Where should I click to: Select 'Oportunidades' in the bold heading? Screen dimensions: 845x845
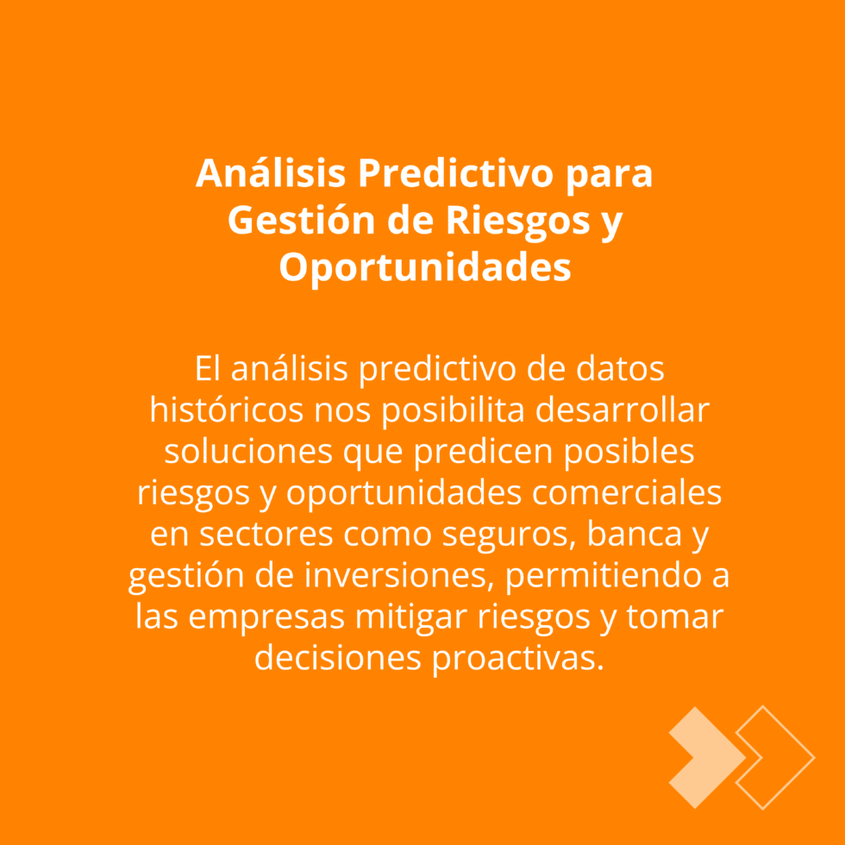tap(424, 267)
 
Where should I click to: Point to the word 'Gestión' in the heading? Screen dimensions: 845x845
tap(301, 220)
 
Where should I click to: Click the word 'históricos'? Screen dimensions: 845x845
tap(226, 410)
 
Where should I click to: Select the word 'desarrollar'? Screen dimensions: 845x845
tap(622, 410)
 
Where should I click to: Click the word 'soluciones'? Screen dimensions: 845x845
tap(248, 452)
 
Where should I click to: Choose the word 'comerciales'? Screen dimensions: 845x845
tap(627, 493)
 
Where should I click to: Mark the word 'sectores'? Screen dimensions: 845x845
tap(266, 535)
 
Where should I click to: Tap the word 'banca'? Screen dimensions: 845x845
tap(634, 534)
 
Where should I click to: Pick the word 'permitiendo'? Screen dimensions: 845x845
tap(603, 577)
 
